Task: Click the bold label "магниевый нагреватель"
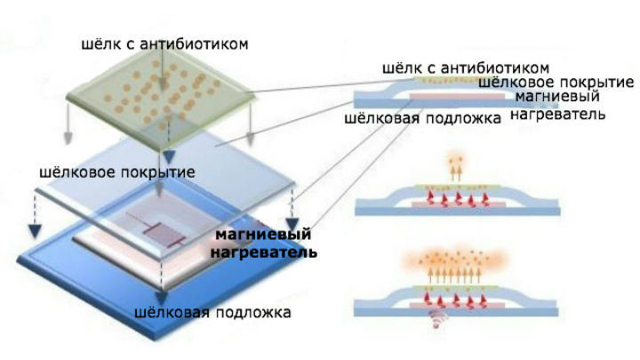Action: tap(264, 244)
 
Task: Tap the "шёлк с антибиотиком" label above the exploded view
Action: tap(164, 44)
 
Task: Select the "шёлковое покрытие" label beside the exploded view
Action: tap(117, 172)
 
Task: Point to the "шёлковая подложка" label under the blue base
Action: tap(212, 313)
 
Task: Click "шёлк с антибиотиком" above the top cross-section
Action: tap(466, 68)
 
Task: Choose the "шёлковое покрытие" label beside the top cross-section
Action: tap(556, 82)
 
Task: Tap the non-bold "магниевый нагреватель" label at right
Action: tap(557, 105)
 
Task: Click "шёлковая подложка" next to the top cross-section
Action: tap(422, 118)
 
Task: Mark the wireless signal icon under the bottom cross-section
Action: tap(438, 320)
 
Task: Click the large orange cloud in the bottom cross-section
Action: tap(456, 260)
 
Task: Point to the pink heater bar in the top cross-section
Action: tap(457, 96)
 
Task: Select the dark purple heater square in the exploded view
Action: tap(159, 235)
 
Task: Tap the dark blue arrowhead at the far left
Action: tap(35, 231)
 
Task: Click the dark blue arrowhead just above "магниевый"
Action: tap(292, 224)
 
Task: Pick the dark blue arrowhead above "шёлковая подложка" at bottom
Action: tap(162, 298)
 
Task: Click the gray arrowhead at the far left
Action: tap(68, 139)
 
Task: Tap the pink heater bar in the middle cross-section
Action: tap(459, 204)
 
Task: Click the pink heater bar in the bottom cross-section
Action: tap(457, 305)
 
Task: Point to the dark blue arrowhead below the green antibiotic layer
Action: tap(169, 157)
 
